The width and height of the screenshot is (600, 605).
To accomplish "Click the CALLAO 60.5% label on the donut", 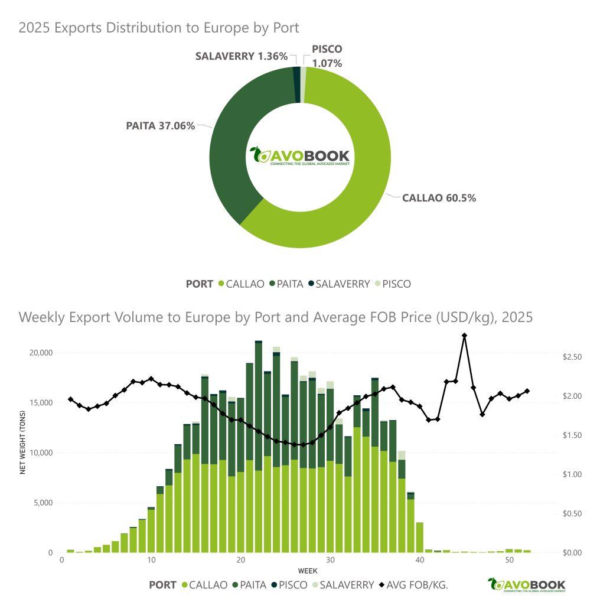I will pyautogui.click(x=439, y=198).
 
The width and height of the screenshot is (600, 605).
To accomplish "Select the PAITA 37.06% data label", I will pyautogui.click(x=160, y=125).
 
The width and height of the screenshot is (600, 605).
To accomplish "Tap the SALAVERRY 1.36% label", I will pyautogui.click(x=242, y=56).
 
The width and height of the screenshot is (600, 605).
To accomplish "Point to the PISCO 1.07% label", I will pyautogui.click(x=327, y=56).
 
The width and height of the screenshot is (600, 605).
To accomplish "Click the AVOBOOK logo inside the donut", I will pyautogui.click(x=300, y=157).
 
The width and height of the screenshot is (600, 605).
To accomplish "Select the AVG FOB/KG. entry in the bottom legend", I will pyautogui.click(x=413, y=585).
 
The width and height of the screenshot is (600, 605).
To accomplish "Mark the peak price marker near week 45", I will pyautogui.click(x=465, y=336).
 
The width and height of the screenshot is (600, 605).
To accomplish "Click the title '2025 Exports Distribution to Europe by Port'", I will pyautogui.click(x=159, y=28).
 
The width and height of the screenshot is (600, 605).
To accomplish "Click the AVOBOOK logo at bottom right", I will pyautogui.click(x=527, y=585).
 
